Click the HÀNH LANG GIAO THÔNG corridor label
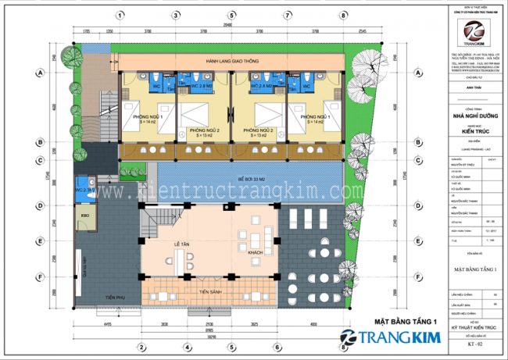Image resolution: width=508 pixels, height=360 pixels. pos(228,60)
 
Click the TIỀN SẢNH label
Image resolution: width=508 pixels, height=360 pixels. pos(209,291)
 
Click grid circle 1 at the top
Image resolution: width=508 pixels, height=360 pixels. pos(120,15)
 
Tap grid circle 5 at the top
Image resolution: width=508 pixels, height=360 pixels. pos(232,15)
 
